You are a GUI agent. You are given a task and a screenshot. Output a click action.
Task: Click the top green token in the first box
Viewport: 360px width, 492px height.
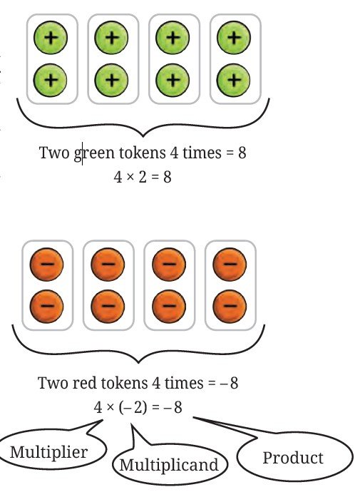[x=51, y=38]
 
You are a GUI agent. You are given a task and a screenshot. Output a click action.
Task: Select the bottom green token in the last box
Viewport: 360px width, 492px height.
[x=233, y=80]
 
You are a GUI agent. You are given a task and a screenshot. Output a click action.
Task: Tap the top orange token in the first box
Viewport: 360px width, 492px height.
[x=47, y=265]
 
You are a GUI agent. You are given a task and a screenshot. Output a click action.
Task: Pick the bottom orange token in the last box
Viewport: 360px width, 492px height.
[x=230, y=306]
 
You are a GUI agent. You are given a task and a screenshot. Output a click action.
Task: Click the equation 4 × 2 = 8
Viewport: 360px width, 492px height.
[x=143, y=177]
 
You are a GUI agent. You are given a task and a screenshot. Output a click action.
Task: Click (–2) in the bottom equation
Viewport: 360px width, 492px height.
[x=133, y=408]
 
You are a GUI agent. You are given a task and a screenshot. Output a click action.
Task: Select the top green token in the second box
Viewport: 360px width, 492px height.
[x=111, y=38]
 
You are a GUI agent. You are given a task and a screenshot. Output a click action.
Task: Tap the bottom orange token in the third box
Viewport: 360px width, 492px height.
[x=169, y=306]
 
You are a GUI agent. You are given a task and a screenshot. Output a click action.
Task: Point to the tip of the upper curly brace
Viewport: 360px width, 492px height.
[x=143, y=136]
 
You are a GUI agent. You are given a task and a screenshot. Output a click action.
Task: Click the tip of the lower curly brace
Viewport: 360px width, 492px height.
[x=138, y=363]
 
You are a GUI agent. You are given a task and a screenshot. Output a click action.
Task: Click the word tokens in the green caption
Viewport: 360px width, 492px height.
[x=143, y=153]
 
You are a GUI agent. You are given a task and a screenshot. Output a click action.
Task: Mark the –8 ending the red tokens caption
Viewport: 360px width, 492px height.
[x=230, y=383]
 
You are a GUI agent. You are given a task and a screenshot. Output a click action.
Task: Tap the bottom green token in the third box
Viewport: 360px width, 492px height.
[x=173, y=80]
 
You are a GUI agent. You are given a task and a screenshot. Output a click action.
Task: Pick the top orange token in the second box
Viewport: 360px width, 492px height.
[x=108, y=265]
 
